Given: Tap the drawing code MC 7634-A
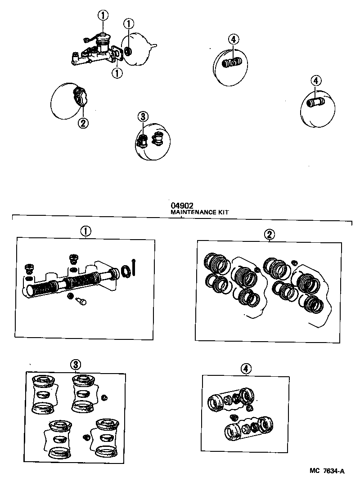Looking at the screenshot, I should point(327,471).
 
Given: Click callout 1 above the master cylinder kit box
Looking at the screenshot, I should point(85,231).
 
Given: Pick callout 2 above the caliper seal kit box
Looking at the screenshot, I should point(269,234).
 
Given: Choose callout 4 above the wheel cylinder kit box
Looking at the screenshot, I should point(245,369).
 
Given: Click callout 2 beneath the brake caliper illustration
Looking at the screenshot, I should point(83,123).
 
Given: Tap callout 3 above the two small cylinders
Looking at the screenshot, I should point(143,117).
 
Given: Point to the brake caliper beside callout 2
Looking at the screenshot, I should point(81,96).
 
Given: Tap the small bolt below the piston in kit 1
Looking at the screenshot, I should point(81,302).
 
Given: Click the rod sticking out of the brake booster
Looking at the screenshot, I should point(154,45).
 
